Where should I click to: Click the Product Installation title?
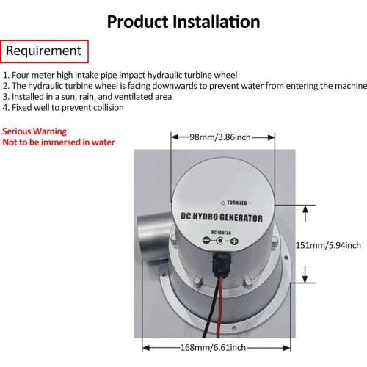[x=183, y=22]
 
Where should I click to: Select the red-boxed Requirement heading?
[x=44, y=51]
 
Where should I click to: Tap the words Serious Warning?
[x=34, y=131]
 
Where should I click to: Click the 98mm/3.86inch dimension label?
[x=220, y=137]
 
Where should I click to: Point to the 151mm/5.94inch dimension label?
[x=328, y=245]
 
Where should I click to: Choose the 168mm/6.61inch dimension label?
[x=213, y=347]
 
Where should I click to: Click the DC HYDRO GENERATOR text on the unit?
[x=222, y=217]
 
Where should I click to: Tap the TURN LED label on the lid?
[x=237, y=203]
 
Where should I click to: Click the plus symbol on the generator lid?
[x=234, y=241]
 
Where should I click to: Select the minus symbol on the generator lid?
[x=206, y=241]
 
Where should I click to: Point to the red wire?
[x=220, y=306]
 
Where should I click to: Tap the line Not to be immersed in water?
[x=59, y=142]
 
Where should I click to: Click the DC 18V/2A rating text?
[x=221, y=233]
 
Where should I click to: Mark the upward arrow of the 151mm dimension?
[x=305, y=214]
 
